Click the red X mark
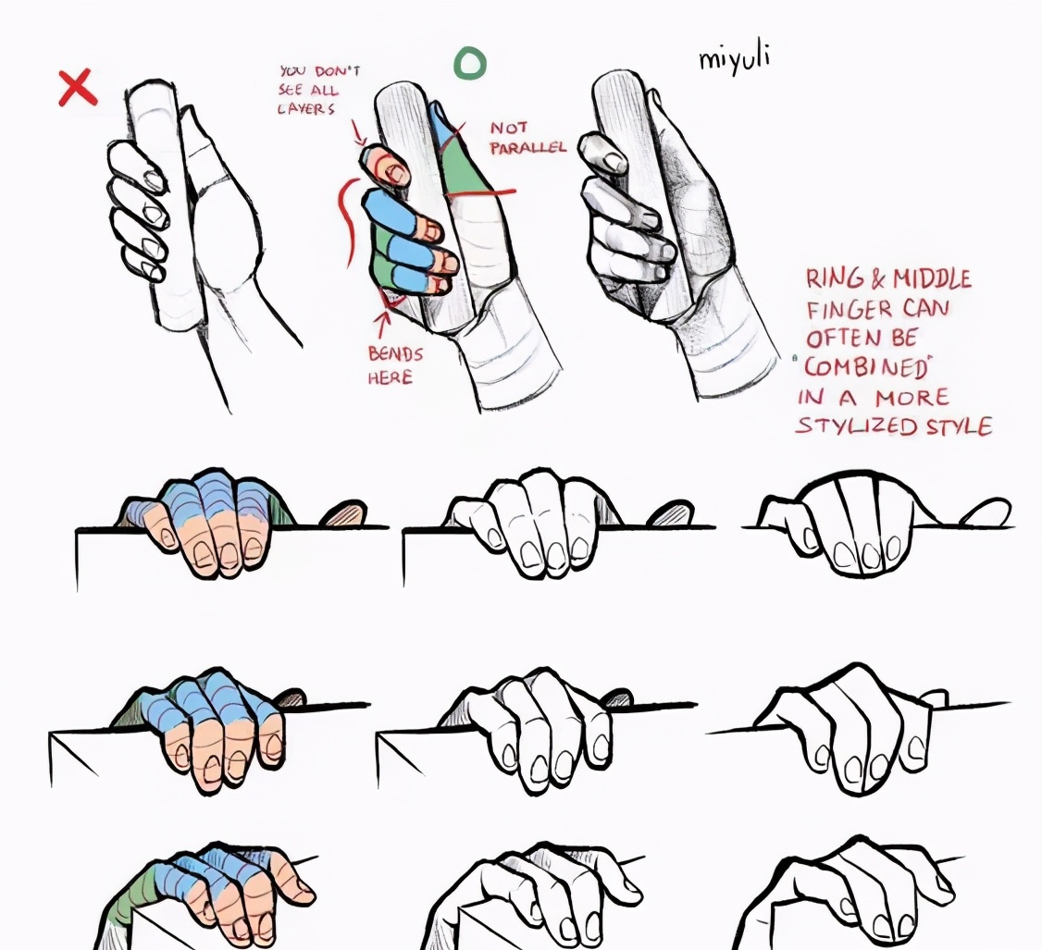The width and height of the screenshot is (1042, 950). [x=78, y=88]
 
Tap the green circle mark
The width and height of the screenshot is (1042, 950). [x=470, y=64]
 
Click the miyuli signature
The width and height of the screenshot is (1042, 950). [x=735, y=57]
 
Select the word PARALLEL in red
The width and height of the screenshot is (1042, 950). [x=528, y=147]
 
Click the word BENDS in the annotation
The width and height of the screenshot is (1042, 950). [x=395, y=353]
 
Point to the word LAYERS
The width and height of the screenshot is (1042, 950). [x=306, y=108]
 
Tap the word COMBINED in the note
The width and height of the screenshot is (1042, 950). [x=866, y=367]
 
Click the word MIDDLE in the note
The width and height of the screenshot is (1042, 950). [x=932, y=278]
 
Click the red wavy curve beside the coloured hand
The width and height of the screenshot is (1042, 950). [x=345, y=222]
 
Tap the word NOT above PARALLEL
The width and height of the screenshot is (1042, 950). [x=509, y=128]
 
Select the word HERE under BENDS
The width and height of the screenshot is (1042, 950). [x=391, y=377]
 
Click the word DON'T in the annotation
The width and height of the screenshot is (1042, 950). [x=338, y=71]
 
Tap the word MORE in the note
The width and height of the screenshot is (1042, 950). [x=912, y=397]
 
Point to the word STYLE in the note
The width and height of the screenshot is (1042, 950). [x=960, y=426]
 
